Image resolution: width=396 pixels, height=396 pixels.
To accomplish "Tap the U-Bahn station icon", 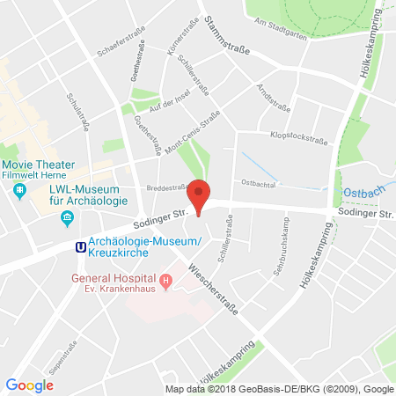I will coord(81,248).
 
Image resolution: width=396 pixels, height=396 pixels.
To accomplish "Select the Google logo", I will coord(29,385).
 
